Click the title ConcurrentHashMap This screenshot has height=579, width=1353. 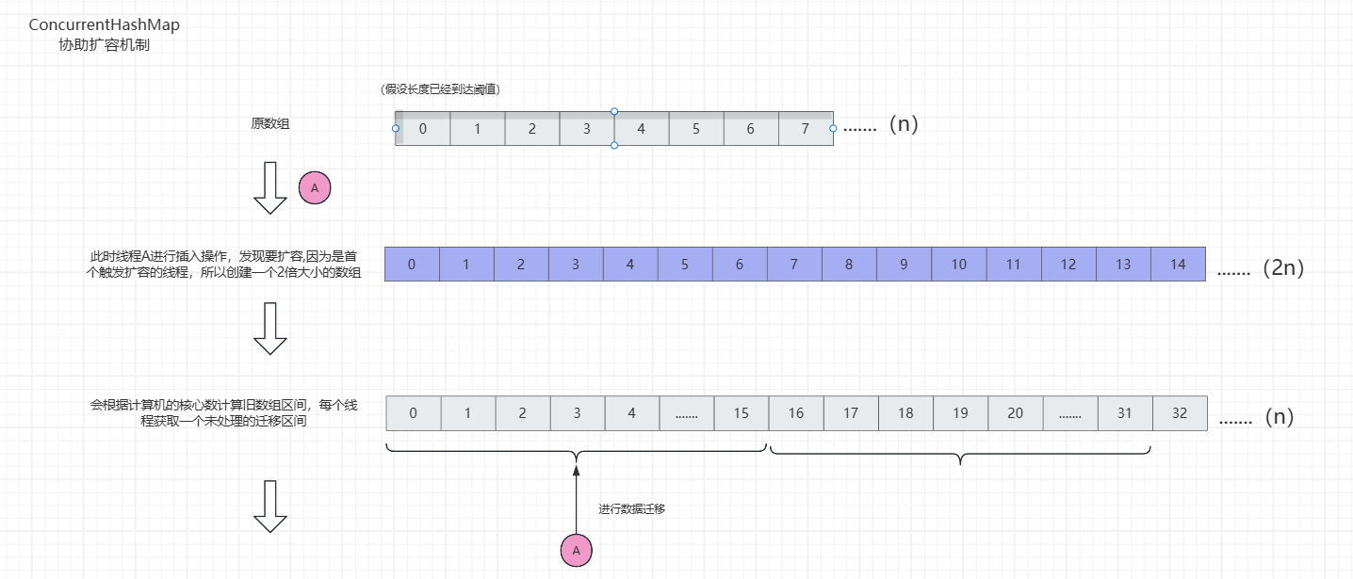[104, 25]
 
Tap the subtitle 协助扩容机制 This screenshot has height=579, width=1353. [104, 45]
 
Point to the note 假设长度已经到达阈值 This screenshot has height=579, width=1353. [440, 89]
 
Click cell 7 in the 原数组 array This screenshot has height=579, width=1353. [805, 129]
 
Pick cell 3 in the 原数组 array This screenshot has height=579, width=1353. [586, 129]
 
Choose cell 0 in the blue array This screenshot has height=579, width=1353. [412, 265]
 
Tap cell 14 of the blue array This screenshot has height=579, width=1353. [1178, 265]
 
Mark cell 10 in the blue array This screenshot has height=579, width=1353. [958, 265]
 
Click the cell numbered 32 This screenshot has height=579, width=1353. [1179, 413]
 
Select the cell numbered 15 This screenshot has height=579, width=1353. [741, 413]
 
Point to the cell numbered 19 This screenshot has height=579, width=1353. [960, 413]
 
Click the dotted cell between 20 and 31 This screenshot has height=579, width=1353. [1069, 413]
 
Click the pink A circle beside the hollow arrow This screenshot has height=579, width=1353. [315, 188]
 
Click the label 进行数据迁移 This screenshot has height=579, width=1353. [632, 509]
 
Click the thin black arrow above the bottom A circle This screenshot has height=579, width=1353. [576, 499]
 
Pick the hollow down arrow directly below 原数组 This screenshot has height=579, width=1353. [270, 186]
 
